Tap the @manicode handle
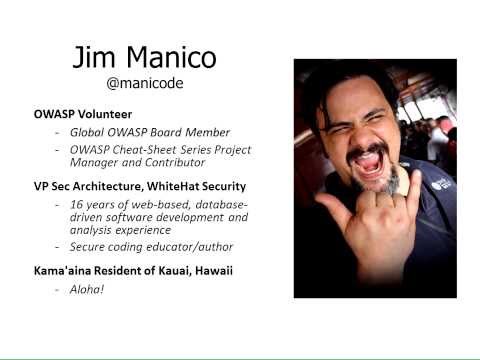click(x=145, y=84)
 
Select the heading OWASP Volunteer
click(x=83, y=114)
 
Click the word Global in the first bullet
click(x=89, y=132)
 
